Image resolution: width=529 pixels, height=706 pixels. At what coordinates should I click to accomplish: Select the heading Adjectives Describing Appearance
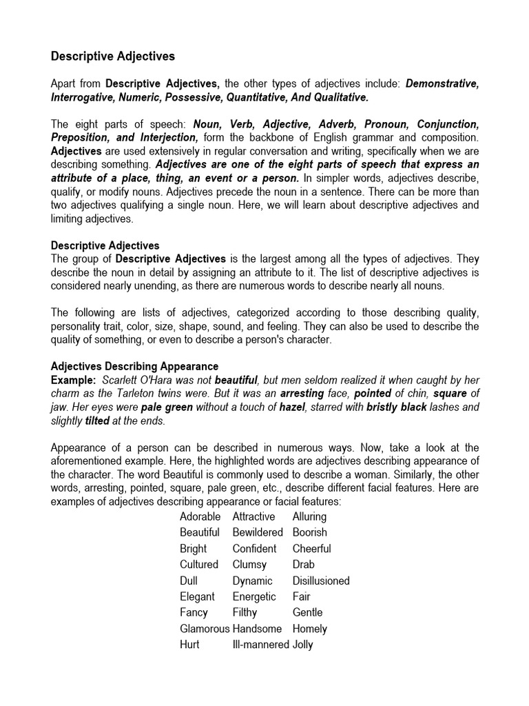[x=135, y=366]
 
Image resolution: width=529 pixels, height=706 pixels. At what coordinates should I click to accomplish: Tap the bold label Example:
[x=74, y=380]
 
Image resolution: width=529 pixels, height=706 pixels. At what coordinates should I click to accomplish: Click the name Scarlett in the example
[x=119, y=380]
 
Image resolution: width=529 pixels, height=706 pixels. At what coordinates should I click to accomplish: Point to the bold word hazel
[x=291, y=407]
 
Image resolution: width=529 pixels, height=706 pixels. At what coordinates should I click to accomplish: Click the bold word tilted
[x=97, y=420]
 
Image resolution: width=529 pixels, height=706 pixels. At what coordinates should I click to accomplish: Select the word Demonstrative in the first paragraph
[x=442, y=84]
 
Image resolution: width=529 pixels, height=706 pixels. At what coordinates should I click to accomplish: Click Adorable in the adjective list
[x=200, y=516]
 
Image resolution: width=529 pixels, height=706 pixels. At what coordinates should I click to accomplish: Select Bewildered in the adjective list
[x=258, y=532]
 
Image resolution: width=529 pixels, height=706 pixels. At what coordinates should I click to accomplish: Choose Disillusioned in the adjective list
[x=321, y=581]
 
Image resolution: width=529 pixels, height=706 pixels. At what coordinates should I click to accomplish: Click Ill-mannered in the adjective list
[x=260, y=645]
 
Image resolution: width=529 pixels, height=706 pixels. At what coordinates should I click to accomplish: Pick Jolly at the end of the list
[x=302, y=645]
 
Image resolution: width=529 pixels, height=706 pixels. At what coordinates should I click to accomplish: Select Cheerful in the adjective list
[x=311, y=549]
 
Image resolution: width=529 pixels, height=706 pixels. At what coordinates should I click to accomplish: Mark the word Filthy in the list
[x=245, y=612]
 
